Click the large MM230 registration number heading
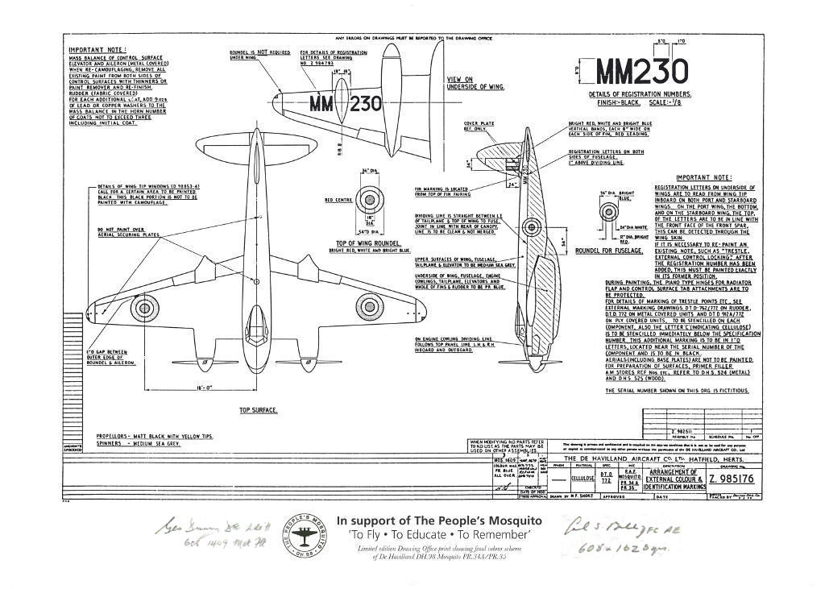coord(642,73)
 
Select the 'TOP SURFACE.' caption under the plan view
coord(258,410)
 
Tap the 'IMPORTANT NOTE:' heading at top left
coord(93,50)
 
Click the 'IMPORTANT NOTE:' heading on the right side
coord(703,177)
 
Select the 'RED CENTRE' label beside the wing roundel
coord(334,199)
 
